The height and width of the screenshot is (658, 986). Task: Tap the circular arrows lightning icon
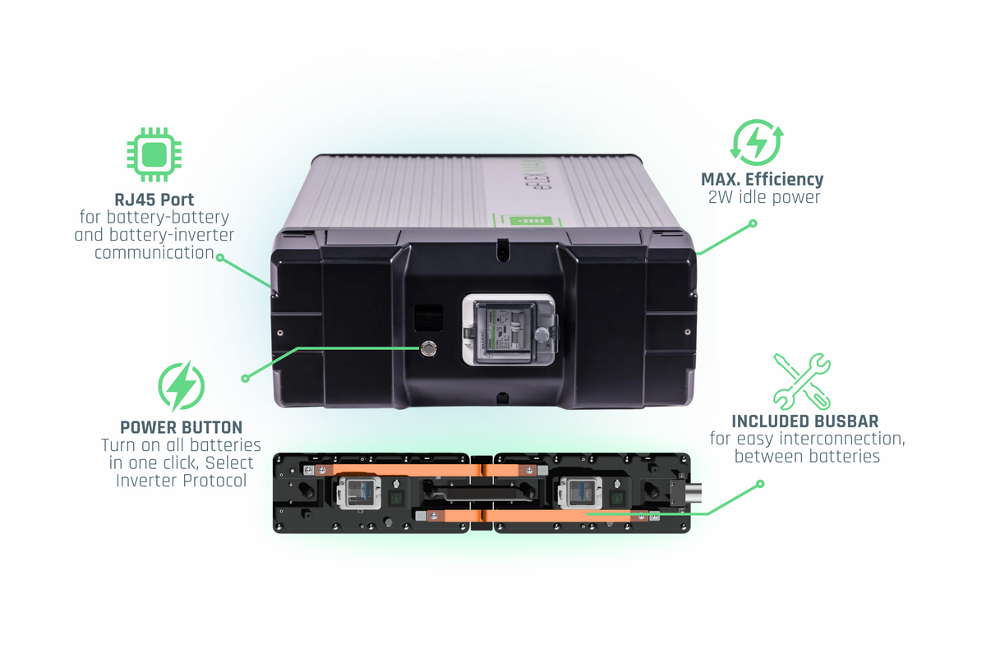(757, 144)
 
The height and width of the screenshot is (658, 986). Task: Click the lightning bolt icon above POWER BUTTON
(181, 386)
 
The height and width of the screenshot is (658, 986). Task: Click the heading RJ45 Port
(154, 200)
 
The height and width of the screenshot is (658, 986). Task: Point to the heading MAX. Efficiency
(762, 179)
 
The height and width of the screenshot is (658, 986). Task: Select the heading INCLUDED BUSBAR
(804, 421)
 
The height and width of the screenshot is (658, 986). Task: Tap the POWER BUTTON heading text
(181, 427)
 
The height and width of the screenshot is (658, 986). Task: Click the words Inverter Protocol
(181, 481)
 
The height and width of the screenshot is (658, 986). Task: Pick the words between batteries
(807, 456)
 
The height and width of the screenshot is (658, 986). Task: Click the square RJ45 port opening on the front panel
(428, 315)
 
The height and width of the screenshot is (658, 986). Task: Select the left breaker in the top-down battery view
(358, 493)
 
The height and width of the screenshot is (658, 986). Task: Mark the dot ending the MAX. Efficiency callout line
(752, 223)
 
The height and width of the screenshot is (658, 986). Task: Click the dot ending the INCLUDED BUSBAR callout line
(760, 484)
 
